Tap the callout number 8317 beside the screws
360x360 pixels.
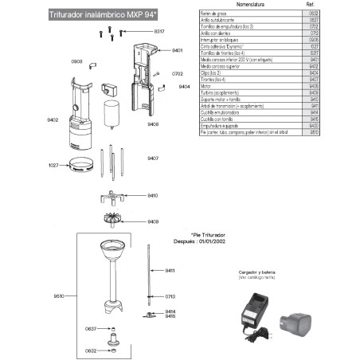click(158, 30)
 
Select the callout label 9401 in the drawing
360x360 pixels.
click(177, 50)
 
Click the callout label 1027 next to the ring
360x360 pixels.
click(53, 165)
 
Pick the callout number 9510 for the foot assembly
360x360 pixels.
click(58, 295)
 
